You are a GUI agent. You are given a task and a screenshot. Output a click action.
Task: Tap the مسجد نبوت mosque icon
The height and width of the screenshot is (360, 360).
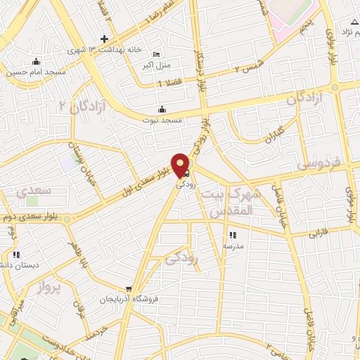point(162,110)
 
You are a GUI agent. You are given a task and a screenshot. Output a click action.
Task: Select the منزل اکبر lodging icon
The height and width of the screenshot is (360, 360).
point(157,54)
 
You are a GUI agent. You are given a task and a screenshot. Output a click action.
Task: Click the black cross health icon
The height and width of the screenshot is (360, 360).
point(105,38)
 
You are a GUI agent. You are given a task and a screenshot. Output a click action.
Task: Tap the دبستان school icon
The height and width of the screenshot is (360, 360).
point(15,255)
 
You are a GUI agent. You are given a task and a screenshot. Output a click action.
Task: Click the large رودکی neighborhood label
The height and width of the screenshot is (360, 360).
point(182,259)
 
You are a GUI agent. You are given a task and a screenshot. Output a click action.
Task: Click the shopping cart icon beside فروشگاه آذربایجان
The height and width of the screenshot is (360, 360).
point(129,288)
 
